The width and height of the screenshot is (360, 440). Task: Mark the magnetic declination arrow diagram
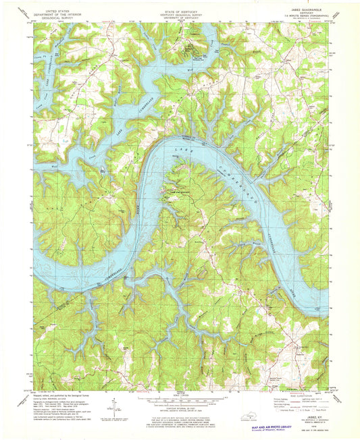pos(114,407)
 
